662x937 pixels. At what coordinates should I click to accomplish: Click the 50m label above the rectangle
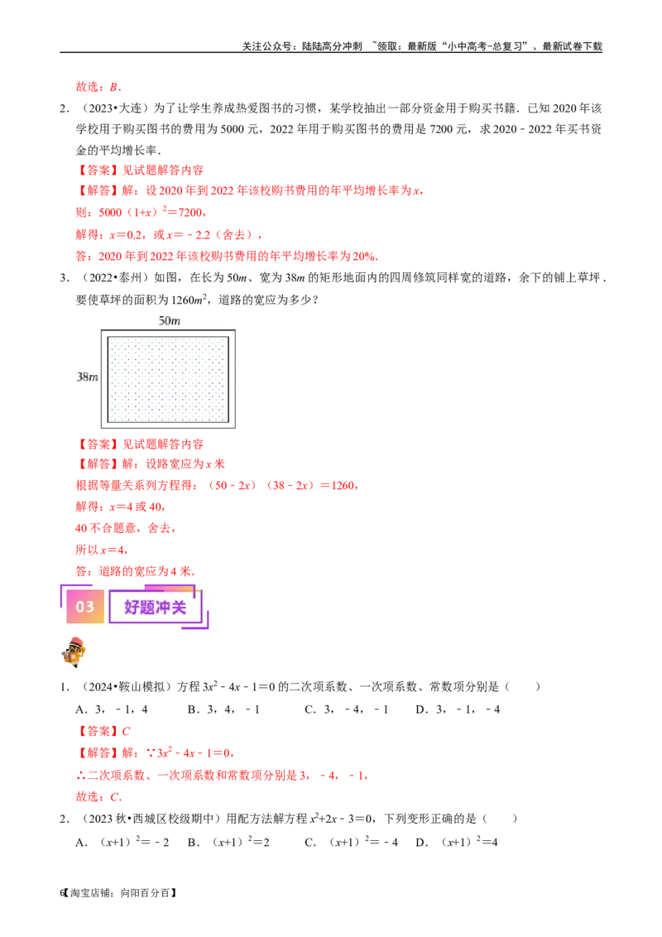(x=169, y=320)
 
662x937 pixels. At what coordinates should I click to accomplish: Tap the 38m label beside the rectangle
(x=87, y=377)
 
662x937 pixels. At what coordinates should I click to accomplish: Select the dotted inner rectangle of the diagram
(x=168, y=379)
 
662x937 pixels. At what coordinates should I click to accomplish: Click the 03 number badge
(x=85, y=607)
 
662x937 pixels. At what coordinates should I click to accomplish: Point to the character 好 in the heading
(x=132, y=608)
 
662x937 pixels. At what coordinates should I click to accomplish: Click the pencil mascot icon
(x=73, y=652)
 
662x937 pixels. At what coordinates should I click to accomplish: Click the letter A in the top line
(x=113, y=86)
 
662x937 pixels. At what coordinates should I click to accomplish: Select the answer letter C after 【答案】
(x=126, y=732)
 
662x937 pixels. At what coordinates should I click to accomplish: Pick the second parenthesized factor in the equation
(x=288, y=485)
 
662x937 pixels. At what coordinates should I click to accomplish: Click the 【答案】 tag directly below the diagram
(x=98, y=444)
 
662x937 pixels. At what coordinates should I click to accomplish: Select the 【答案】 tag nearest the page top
(x=98, y=170)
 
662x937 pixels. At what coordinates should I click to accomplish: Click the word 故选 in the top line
(x=86, y=86)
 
